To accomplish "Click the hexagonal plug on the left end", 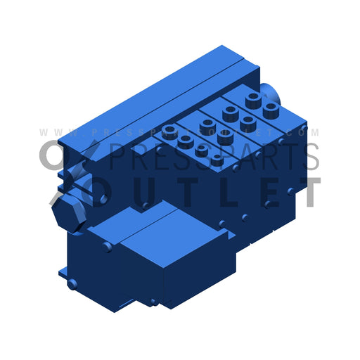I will [x=68, y=211].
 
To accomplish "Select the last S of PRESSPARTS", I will [x=309, y=157].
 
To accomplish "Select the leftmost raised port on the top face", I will [x=169, y=131].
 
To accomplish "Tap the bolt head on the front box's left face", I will [x=106, y=247].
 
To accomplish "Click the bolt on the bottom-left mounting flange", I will [x=72, y=284].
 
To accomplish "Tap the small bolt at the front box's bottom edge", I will [x=153, y=302].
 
